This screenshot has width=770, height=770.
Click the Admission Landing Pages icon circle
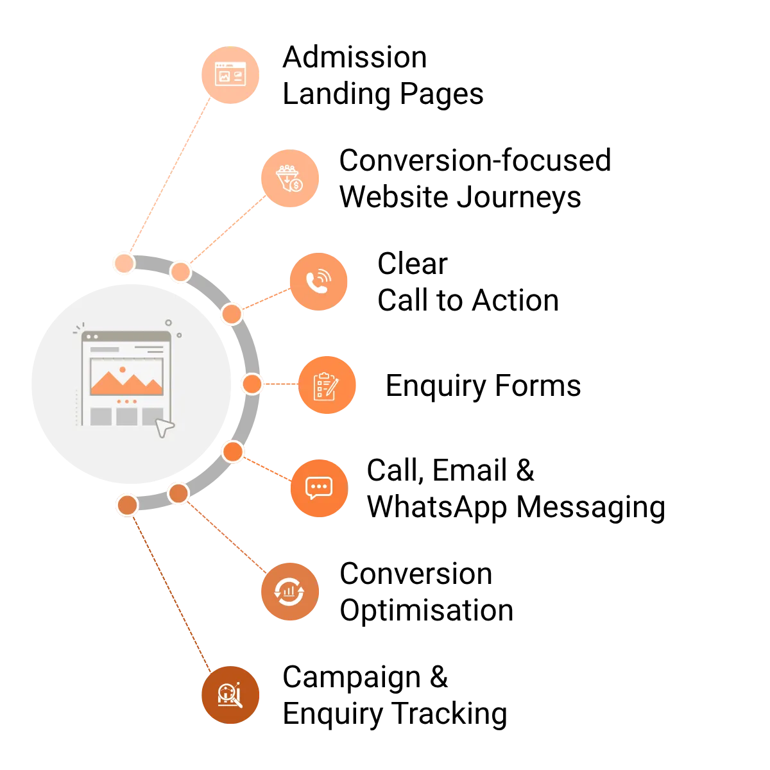(x=230, y=74)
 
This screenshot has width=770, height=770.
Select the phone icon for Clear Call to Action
(x=318, y=282)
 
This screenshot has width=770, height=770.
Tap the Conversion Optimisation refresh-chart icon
(x=290, y=592)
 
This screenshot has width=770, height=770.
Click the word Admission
(x=355, y=57)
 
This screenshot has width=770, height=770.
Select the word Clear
(x=413, y=264)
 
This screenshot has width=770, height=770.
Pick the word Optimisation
(x=427, y=610)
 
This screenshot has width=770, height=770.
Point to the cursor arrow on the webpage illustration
(x=164, y=427)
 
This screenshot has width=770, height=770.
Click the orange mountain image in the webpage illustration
(x=126, y=382)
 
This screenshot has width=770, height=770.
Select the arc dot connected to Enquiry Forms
(x=252, y=384)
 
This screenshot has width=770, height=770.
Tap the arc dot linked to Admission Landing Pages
(x=124, y=263)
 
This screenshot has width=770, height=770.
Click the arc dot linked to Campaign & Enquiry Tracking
(x=128, y=505)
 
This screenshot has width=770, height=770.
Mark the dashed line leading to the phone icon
(x=266, y=299)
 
